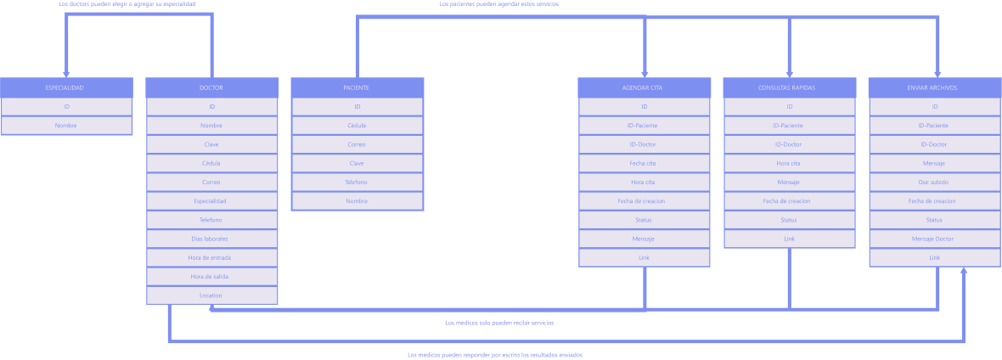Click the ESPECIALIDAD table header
[65, 87]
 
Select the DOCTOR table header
[211, 87]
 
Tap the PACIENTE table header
[357, 87]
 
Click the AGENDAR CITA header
[644, 87]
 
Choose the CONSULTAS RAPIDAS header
[789, 87]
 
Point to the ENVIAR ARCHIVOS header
[934, 87]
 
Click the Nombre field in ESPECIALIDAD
[65, 126]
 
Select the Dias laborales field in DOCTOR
[211, 239]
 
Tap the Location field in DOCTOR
[211, 295]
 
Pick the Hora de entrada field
[211, 257]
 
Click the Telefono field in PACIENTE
[357, 182]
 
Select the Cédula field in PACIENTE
[357, 126]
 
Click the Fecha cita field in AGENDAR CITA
[644, 163]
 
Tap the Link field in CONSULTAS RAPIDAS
[789, 239]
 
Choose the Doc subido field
[934, 182]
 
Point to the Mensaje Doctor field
[934, 239]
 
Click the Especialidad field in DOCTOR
[211, 201]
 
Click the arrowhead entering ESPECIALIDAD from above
[66, 74]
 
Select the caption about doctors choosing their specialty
[127, 4]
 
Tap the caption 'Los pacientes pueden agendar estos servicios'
[498, 4]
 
